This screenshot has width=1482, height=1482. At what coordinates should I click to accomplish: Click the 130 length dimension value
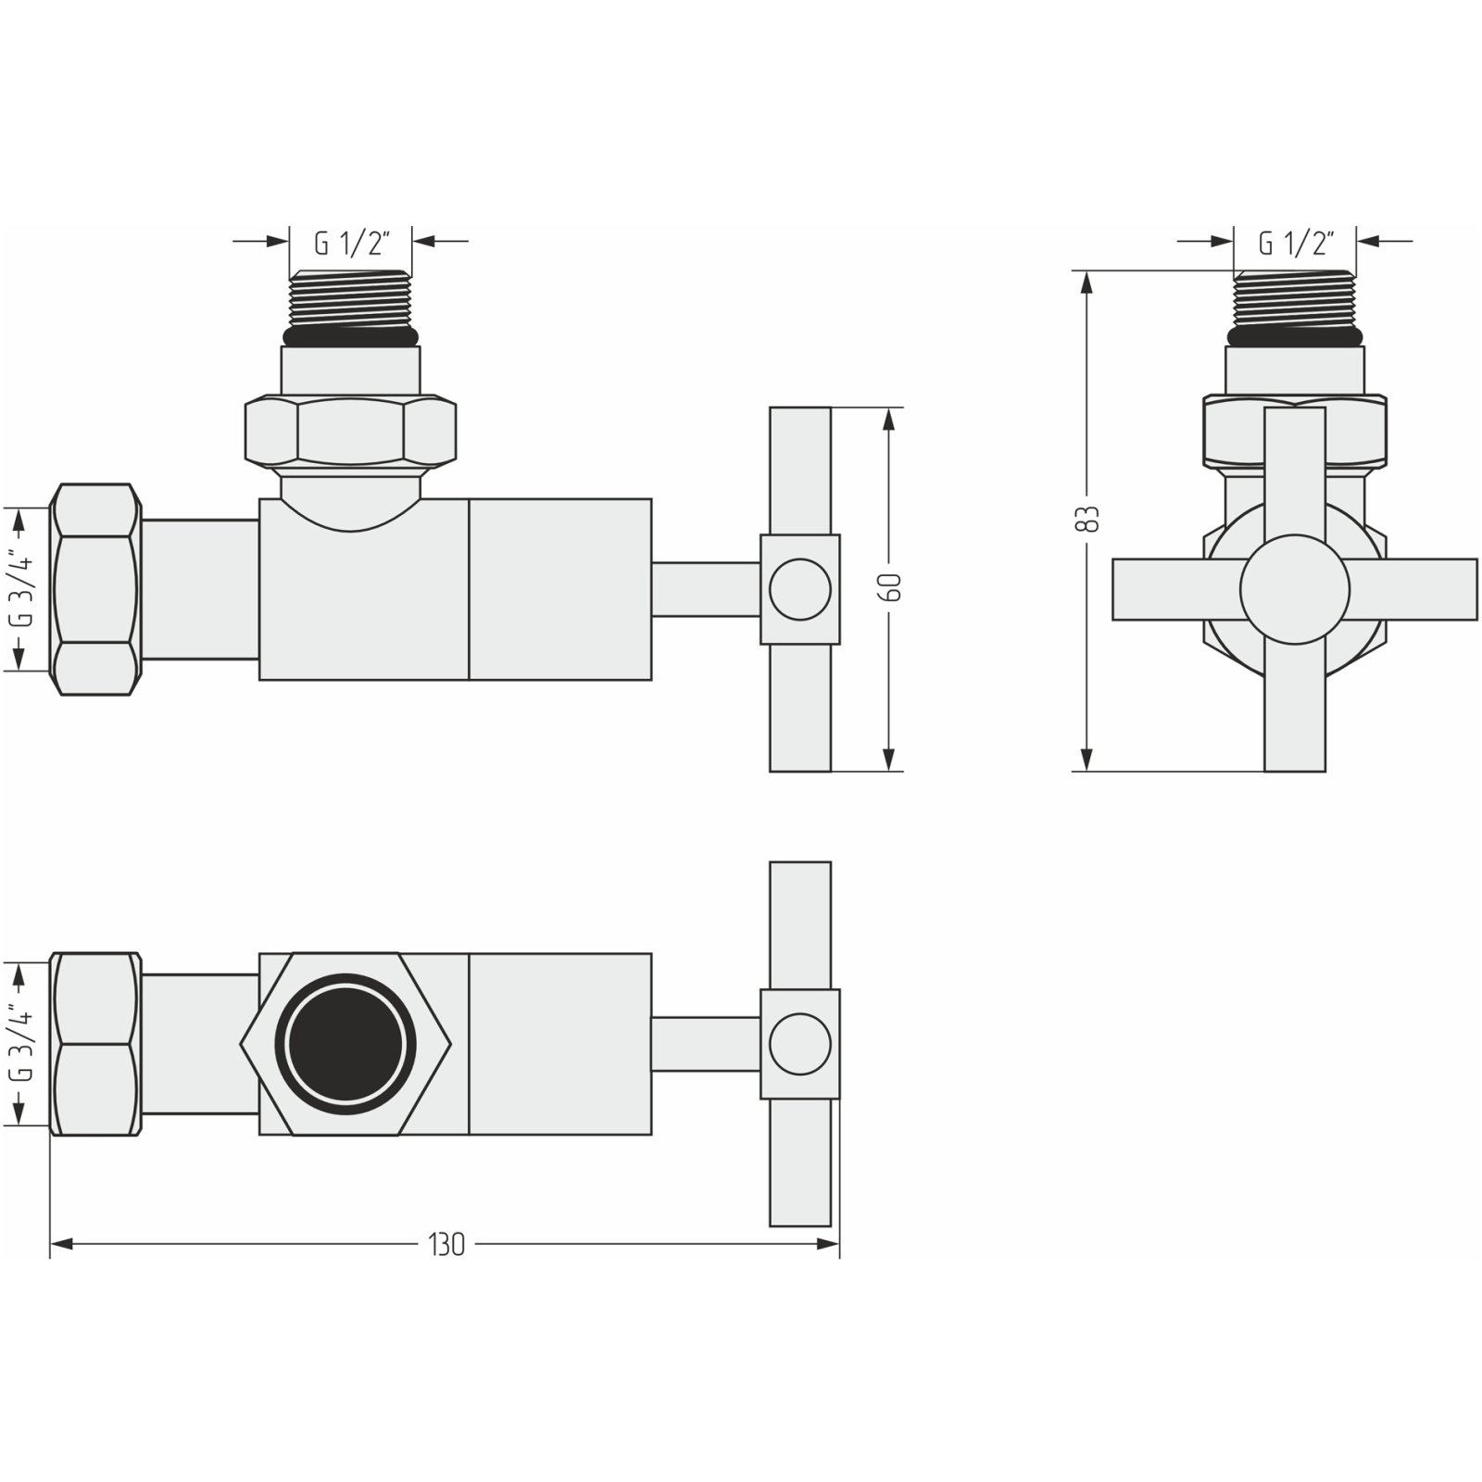click(446, 1245)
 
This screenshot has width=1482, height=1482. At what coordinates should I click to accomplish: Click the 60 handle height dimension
click(892, 587)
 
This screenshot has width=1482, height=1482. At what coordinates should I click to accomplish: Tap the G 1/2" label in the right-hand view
click(1295, 244)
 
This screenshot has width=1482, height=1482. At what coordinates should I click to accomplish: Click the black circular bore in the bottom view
click(346, 1044)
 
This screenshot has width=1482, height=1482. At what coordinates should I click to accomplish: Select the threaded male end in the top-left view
click(351, 301)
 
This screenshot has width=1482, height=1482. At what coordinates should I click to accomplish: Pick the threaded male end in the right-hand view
click(1295, 301)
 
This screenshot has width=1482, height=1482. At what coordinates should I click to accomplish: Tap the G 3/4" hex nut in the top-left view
click(95, 589)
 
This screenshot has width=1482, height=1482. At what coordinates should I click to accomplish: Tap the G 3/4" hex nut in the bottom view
click(95, 1044)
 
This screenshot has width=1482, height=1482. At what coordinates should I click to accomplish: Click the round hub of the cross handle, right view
click(1295, 589)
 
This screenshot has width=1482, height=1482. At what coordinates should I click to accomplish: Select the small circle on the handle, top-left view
click(800, 589)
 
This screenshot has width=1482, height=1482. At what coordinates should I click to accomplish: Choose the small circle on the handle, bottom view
click(800, 1044)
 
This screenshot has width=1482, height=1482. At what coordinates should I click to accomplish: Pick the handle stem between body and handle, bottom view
click(706, 1044)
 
